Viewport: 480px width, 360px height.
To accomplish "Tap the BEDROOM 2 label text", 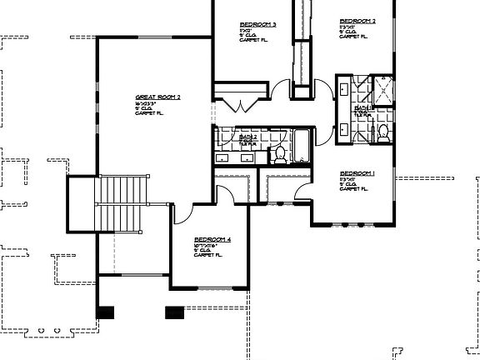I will (x=357, y=21).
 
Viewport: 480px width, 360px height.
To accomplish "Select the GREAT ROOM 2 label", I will (x=157, y=97).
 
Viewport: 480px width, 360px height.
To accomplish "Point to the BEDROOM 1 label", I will (x=357, y=174).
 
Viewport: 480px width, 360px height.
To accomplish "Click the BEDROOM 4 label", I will (x=212, y=239).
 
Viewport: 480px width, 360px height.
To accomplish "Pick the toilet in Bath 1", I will (x=382, y=132).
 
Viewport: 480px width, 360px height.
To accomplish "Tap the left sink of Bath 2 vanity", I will (x=224, y=156).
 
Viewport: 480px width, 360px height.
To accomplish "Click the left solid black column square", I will (x=106, y=312).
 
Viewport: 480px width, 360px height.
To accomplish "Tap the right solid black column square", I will (x=174, y=312).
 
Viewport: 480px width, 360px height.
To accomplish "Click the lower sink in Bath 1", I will (x=344, y=129).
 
